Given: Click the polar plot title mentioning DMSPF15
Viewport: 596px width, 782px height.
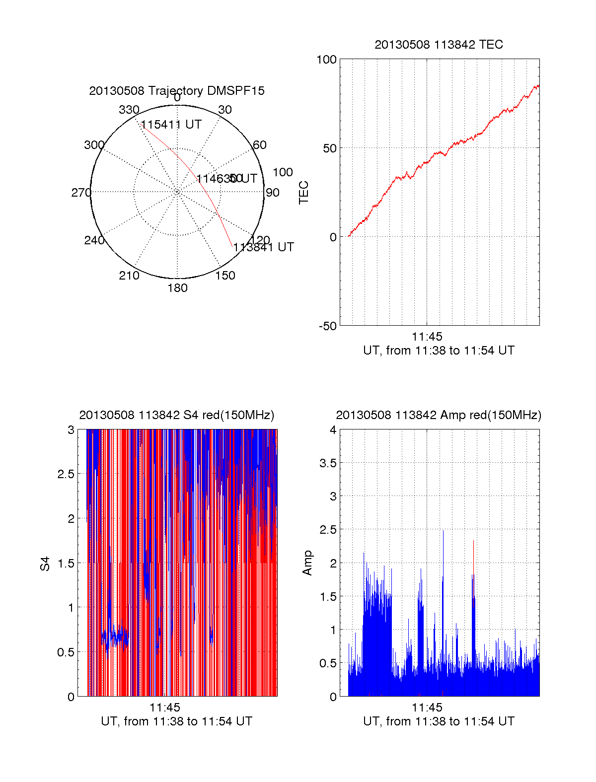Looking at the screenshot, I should click(x=177, y=91).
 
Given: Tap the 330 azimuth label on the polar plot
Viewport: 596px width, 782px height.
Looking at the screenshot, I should click(x=129, y=110).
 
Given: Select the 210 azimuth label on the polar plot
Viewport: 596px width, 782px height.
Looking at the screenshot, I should click(x=129, y=276).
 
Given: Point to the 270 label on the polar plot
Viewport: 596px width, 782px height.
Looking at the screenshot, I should click(x=81, y=193).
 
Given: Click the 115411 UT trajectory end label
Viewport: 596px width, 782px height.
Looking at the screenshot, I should click(x=171, y=125).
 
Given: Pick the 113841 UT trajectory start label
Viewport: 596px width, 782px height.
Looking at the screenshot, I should click(x=264, y=247).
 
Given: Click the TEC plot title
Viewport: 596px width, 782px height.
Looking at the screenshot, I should click(x=439, y=45).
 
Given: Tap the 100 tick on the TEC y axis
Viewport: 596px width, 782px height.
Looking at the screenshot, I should click(x=326, y=60).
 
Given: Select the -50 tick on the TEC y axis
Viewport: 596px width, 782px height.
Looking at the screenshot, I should click(x=327, y=326).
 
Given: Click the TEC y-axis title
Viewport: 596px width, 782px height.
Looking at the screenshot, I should click(x=304, y=193).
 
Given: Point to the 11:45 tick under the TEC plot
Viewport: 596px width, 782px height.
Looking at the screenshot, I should click(x=427, y=337).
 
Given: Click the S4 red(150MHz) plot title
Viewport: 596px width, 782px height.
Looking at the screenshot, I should click(x=177, y=415).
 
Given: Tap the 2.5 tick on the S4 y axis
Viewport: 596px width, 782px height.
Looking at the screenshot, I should click(x=66, y=474).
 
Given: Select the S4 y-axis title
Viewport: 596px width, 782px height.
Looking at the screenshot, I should click(x=45, y=564).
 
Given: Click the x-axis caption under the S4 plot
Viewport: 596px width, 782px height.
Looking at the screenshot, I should click(x=177, y=721).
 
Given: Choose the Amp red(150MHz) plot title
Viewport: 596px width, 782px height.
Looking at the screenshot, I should click(x=439, y=415).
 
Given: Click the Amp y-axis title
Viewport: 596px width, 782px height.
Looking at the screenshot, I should click(x=307, y=563).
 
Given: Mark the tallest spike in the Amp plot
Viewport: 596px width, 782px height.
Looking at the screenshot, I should click(x=443, y=531).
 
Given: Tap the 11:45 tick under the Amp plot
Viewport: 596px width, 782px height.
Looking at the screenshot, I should click(x=427, y=708).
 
